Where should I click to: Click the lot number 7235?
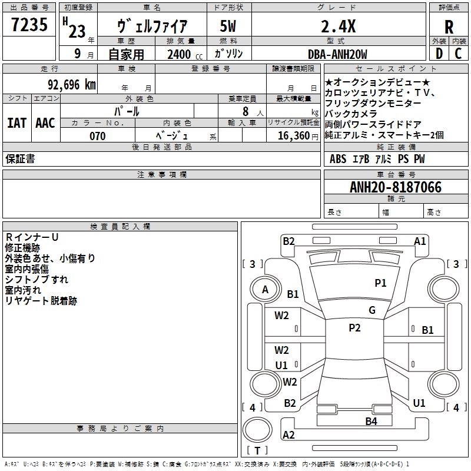tap(29, 25)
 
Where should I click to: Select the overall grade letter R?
tap(449, 27)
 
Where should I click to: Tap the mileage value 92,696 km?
tap(72, 85)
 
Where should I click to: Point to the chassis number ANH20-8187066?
tap(396, 187)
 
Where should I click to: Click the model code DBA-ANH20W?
tap(337, 54)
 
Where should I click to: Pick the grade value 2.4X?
tap(338, 26)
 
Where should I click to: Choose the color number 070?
tap(98, 136)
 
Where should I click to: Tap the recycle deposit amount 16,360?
tap(293, 136)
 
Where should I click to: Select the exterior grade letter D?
tap(439, 54)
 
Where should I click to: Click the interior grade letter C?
tap(458, 54)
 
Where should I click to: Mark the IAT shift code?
tap(17, 123)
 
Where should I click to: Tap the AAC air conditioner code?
tap(45, 123)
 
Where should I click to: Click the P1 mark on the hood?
tap(380, 283)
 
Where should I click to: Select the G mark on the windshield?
tap(372, 310)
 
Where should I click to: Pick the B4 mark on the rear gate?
tap(371, 422)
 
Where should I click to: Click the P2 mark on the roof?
tap(354, 327)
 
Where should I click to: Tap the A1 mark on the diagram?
tap(420, 241)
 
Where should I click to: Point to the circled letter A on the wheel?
tap(265, 290)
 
